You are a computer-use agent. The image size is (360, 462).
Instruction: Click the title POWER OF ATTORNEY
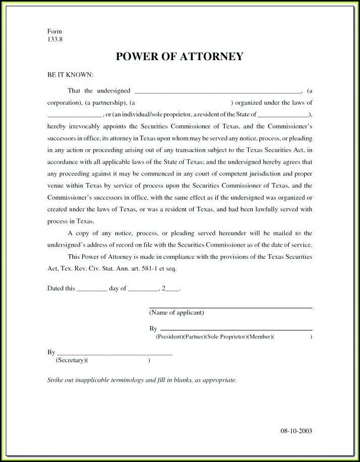tap(179, 57)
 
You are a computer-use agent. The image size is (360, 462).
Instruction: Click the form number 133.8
tap(55, 39)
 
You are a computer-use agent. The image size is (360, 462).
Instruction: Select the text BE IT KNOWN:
tap(70, 75)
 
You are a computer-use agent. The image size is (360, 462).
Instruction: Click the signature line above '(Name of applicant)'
tap(230, 307)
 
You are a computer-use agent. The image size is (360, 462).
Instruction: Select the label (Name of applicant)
tap(176, 313)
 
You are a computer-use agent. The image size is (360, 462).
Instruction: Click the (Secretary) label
tap(70, 360)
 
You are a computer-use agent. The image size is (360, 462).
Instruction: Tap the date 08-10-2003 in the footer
tap(296, 431)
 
